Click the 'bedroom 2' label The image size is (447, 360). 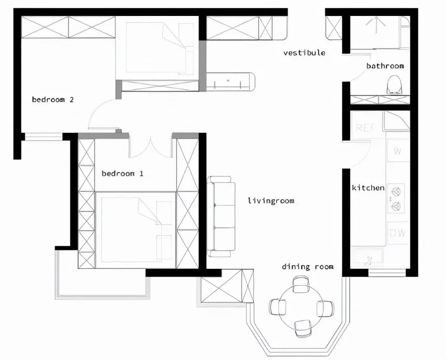[53, 100]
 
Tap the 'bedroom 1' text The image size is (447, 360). [122, 173]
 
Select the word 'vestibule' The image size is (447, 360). [304, 53]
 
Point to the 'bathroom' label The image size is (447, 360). [385, 66]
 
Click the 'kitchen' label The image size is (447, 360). [368, 188]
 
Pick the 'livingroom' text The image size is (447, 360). [271, 201]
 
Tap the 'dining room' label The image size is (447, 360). [308, 266]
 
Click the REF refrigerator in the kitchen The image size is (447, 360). [365, 128]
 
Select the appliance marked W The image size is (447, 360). [398, 151]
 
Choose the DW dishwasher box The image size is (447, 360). [398, 233]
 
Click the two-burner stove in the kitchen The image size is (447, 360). [397, 198]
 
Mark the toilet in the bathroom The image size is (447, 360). [394, 85]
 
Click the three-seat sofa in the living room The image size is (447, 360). [221, 216]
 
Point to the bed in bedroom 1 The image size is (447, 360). [136, 229]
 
